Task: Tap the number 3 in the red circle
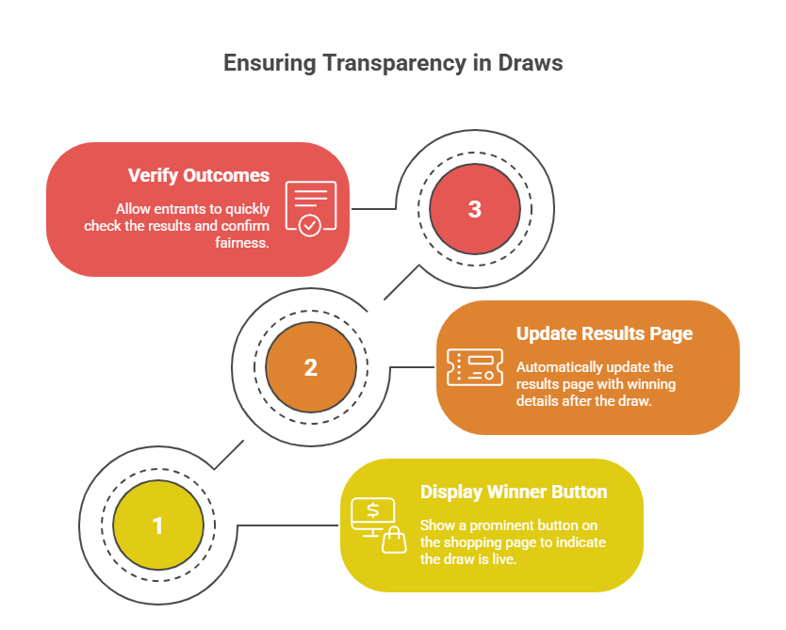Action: tap(474, 210)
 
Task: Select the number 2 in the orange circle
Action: tap(311, 368)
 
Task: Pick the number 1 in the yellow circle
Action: tap(157, 525)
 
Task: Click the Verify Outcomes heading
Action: tap(199, 176)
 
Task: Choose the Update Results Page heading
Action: tap(604, 334)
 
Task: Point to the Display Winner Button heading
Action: tap(514, 493)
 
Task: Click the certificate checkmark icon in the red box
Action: tap(310, 209)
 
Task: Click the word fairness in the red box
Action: tap(242, 242)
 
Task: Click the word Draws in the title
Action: tap(532, 64)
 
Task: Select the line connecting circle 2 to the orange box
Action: tap(412, 367)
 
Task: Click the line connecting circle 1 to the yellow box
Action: tap(287, 525)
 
